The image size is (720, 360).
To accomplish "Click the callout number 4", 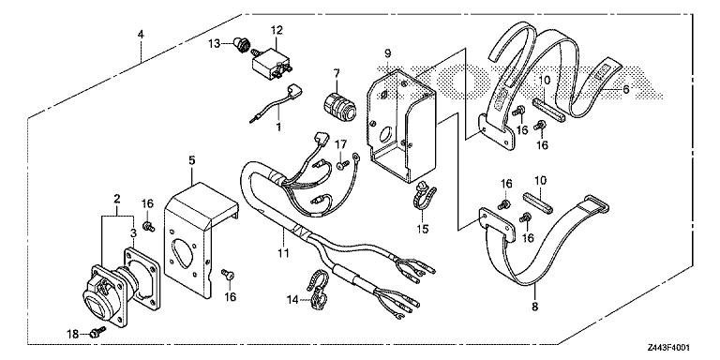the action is pos(141,35).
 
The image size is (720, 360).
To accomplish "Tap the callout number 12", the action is pos(277,31).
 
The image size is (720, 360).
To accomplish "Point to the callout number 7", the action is pos(337,72).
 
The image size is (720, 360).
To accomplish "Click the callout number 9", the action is pos(387,53).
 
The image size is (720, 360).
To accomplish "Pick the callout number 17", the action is pos(340,145).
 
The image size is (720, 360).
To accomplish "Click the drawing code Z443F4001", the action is pos(668,348).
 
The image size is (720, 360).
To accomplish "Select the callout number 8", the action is pos(534,307).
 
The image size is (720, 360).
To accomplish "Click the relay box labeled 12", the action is pos(270,60).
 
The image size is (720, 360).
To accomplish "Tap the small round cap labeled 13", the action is pos(242,45).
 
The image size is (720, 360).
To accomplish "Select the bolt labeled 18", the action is pos(98,332).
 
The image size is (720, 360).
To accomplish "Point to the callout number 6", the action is pos(625,90).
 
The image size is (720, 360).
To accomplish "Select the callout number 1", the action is pos(277,127).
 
